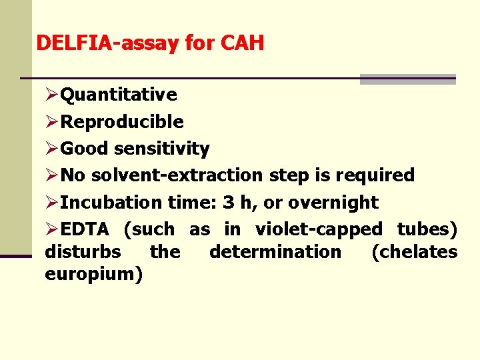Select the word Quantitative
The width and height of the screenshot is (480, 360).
coord(119,95)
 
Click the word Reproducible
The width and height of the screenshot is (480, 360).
coord(122,121)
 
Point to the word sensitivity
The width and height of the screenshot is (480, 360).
coord(162,149)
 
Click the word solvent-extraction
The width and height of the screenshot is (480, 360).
coord(178,175)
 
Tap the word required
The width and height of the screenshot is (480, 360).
coord(375,175)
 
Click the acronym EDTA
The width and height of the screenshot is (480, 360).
coord(85,229)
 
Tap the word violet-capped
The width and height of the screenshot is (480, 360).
coord(319,229)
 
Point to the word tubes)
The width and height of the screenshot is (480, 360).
coord(427,229)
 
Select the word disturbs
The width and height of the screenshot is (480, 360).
coord(83,251)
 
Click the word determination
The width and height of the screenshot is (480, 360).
coord(275,251)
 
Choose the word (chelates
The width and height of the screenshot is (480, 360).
coord(414,251)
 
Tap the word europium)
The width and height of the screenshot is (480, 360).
coord(93,274)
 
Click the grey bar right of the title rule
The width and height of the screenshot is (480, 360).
coord(407,79)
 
